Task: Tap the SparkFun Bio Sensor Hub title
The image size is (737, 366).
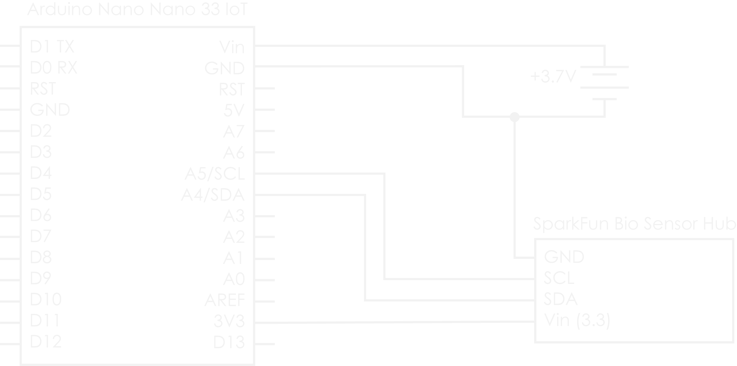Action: tap(635, 224)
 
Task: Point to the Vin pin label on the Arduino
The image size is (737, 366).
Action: tap(232, 47)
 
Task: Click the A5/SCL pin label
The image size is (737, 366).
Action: tap(215, 174)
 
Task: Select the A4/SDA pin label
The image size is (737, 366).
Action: tap(213, 195)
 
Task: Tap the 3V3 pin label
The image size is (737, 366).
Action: tap(229, 321)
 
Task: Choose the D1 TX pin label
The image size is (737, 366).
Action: tap(52, 46)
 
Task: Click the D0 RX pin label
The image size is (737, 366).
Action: tap(53, 68)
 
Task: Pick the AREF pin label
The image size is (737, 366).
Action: tap(225, 300)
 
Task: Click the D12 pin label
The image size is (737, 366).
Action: tap(46, 341)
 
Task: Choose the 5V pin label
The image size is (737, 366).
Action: tap(234, 110)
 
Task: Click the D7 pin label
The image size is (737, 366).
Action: tap(41, 236)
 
